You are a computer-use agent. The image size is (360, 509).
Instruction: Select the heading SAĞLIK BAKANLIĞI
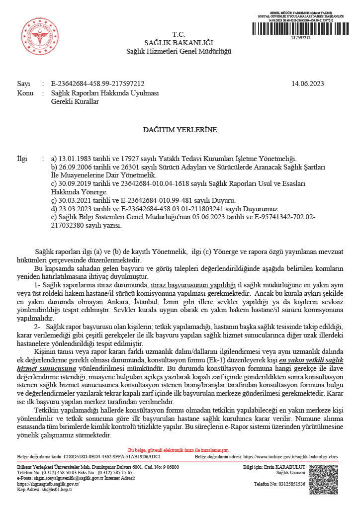[x=178, y=43]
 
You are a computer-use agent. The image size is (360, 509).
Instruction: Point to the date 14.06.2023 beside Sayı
[x=307, y=84]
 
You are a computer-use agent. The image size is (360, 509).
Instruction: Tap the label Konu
[x=25, y=93]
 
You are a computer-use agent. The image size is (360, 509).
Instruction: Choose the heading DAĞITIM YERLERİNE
[x=180, y=130]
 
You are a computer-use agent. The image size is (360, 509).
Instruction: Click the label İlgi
[x=22, y=159]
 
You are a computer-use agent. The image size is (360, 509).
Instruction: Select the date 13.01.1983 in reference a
[x=74, y=159]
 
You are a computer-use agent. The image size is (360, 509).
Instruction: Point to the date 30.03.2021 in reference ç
[x=74, y=200]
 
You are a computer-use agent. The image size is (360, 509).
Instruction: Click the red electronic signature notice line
[x=179, y=449]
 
